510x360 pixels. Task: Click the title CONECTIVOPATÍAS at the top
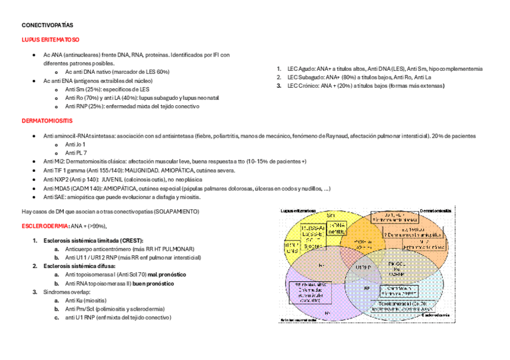(47, 26)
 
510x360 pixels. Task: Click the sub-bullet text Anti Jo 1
(75, 145)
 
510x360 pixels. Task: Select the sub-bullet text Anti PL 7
(76, 153)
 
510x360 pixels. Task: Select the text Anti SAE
(55, 197)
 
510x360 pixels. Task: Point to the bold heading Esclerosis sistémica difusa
(80, 265)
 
